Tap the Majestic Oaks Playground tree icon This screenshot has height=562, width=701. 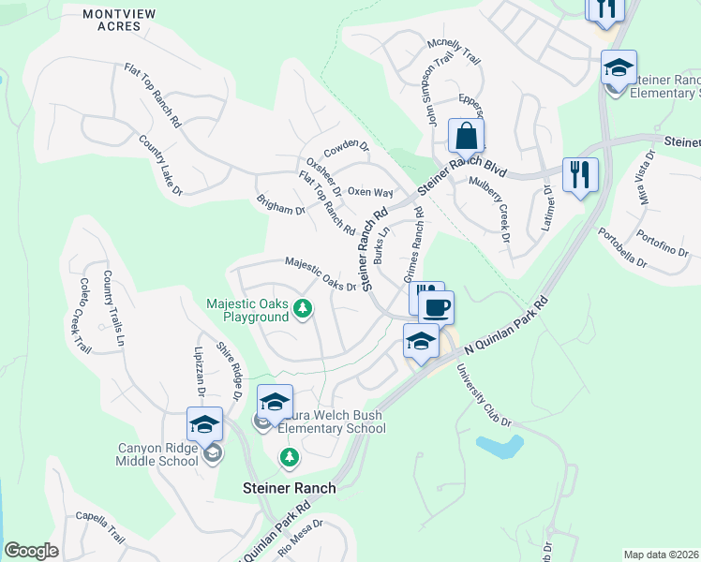302,307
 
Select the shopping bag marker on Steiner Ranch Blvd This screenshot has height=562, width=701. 466,139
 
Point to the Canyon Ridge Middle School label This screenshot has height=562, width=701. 157,454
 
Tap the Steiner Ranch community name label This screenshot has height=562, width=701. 289,488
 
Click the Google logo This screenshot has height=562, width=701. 31,551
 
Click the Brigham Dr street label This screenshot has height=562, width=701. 281,205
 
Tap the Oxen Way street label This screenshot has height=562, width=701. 369,192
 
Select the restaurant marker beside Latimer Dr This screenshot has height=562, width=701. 580,175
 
